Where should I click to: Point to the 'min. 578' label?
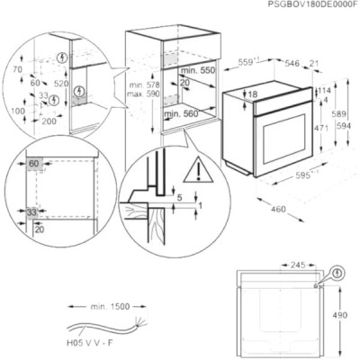click(137, 82)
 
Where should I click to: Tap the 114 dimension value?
click(326, 91)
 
